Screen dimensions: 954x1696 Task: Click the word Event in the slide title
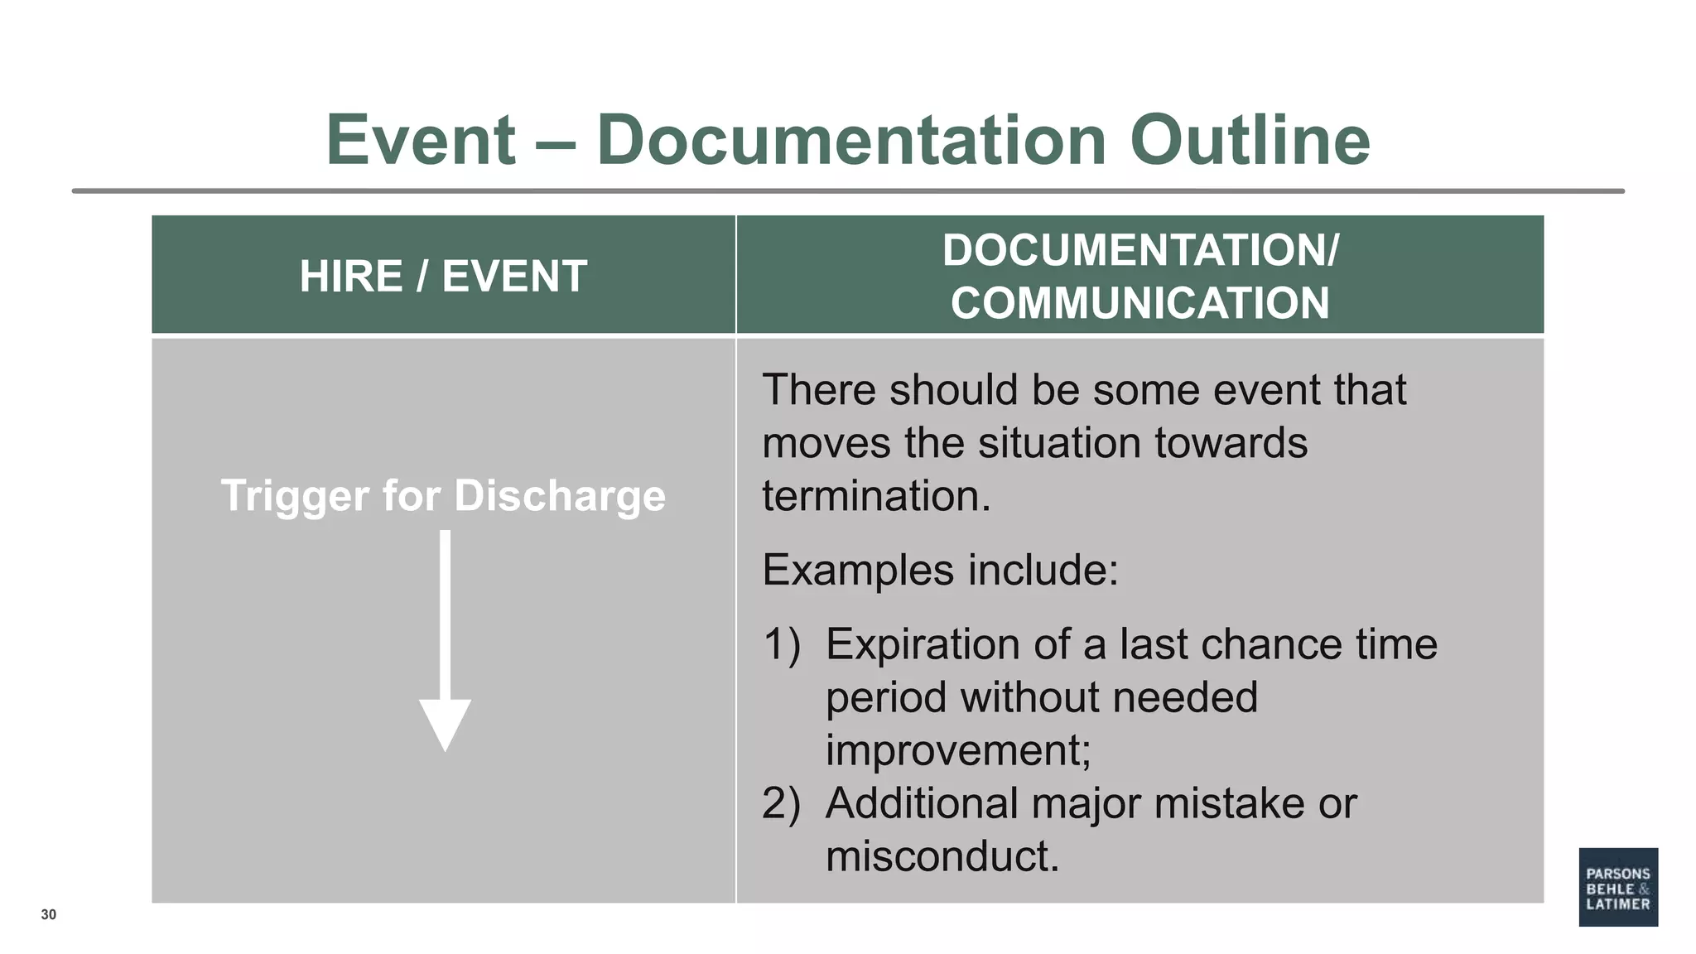click(421, 140)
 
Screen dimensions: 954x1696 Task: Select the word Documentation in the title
click(851, 140)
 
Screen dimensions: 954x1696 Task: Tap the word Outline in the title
click(1250, 140)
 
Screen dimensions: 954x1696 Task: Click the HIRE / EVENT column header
click(443, 276)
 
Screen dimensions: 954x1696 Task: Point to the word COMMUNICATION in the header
click(1139, 303)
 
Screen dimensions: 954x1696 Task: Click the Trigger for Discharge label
click(443, 496)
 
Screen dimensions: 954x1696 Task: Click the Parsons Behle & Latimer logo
click(1617, 886)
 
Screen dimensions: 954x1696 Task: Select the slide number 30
click(49, 914)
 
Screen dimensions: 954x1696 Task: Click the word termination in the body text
click(875, 496)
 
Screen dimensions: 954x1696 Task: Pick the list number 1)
click(781, 644)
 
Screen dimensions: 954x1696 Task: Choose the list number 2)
click(781, 803)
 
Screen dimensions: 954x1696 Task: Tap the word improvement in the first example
click(958, 750)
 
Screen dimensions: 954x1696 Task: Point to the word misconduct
click(942, 856)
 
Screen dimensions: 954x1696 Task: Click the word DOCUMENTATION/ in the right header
click(1139, 250)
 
